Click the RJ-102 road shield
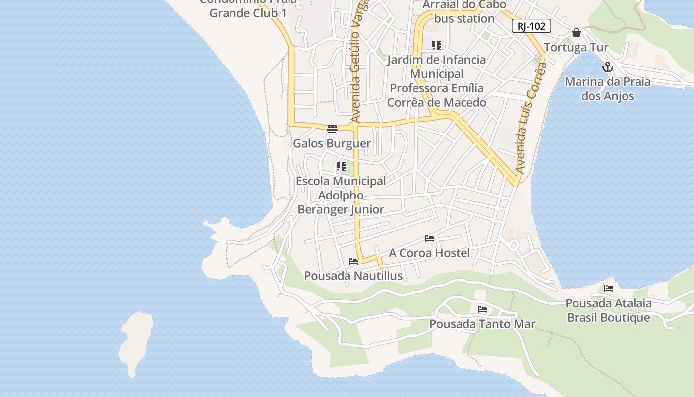coord(531,26)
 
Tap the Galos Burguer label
coord(332,144)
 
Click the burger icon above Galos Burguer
coord(332,129)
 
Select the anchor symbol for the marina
coord(608,67)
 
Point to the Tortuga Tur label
coord(576,48)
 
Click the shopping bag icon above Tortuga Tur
coord(576,33)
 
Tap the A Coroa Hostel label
coord(429,253)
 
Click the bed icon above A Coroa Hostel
coord(429,239)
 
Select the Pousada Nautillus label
coord(353,276)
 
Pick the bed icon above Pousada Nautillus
coord(353,262)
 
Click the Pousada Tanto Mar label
coord(482,324)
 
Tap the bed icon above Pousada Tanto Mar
coord(482,309)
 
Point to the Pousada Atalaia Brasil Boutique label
coord(608,310)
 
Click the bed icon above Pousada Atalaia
coord(609,288)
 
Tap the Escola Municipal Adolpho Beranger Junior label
coord(341,195)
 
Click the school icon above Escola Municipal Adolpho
coord(341,166)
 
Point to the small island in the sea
coord(135,342)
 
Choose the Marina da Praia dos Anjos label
coord(608,89)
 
